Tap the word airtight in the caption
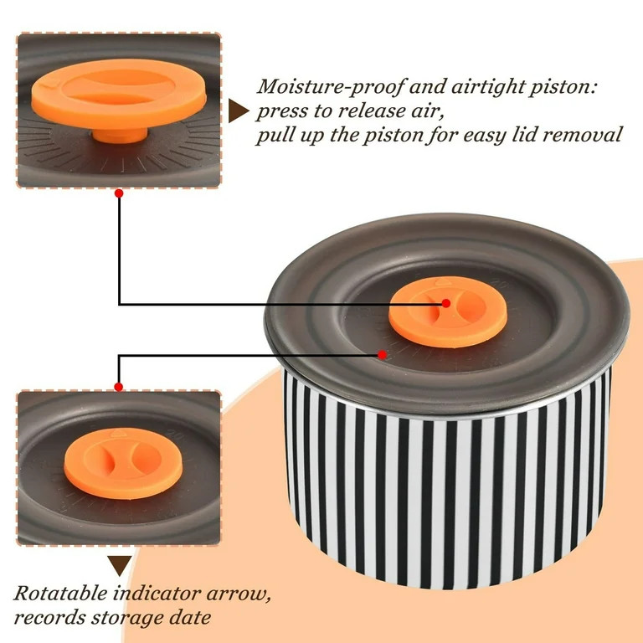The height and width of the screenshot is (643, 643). click(486, 87)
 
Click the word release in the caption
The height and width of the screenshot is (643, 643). click(374, 111)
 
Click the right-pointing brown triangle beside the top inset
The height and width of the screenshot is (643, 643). click(237, 111)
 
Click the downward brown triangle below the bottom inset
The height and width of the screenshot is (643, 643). click(120, 565)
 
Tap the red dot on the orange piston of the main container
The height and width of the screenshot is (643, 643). click(445, 303)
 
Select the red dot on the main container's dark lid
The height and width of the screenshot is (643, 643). click(382, 354)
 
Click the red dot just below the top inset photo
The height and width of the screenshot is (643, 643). click(119, 193)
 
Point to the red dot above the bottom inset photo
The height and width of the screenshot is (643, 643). click(119, 387)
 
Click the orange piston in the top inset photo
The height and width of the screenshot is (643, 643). click(119, 92)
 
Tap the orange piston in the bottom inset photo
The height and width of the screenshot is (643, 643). click(123, 463)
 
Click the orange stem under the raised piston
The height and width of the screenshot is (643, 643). click(120, 134)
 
